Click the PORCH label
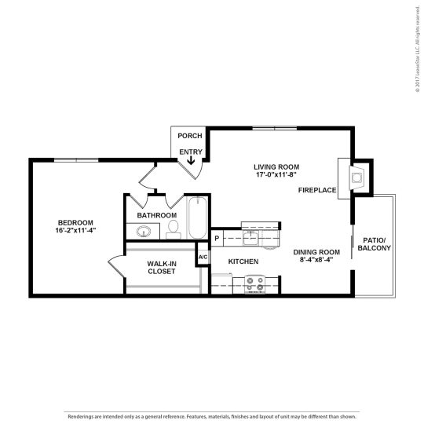point(190,136)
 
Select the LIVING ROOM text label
point(276,166)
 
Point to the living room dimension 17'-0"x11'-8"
point(276,176)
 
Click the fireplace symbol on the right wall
point(355,177)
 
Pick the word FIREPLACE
point(318,191)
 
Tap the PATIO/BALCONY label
point(374,243)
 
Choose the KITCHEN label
point(243,261)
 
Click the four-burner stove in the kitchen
point(254,283)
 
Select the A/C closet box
point(203,258)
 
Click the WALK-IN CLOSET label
point(161,267)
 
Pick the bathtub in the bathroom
point(196,222)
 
